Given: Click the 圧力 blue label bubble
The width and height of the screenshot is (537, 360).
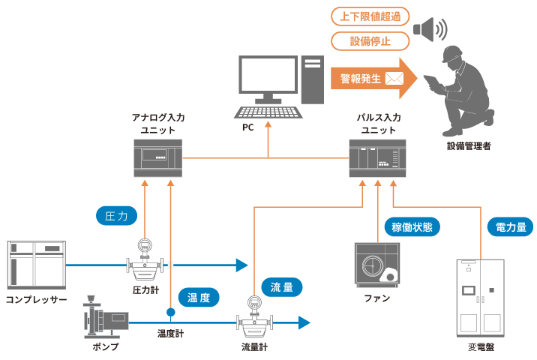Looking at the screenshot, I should [117, 216].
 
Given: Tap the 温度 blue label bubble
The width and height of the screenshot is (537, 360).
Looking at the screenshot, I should [199, 297].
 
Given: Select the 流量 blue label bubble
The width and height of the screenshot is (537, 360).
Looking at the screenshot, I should [281, 286].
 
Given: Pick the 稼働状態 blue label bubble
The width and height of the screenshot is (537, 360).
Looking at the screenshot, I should [412, 226].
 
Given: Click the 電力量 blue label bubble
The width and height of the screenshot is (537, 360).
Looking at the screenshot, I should [510, 226].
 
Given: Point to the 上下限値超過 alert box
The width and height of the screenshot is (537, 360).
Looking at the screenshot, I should [370, 16].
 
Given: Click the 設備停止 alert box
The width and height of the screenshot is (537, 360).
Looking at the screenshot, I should [370, 40].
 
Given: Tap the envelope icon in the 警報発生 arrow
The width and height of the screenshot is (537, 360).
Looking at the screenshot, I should [394, 78].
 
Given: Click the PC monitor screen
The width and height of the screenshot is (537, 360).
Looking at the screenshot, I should [268, 74].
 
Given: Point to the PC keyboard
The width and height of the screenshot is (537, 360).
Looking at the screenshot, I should [268, 112].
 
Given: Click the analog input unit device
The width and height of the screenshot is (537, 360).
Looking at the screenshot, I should [153, 157].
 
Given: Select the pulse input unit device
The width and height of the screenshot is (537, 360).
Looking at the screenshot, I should [377, 158].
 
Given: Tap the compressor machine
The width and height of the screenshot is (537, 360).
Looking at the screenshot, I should [36, 264].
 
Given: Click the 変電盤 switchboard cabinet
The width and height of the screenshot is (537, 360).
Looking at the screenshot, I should [480, 297].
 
